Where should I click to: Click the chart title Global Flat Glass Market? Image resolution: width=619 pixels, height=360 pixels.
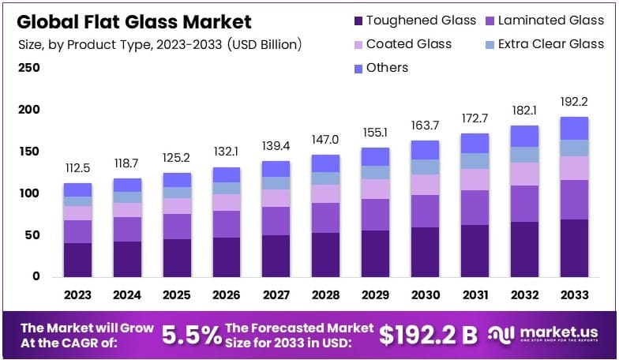click(x=134, y=21)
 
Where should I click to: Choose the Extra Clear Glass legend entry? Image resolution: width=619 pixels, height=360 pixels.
click(x=540, y=44)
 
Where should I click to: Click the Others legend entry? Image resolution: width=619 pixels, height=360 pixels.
click(x=378, y=68)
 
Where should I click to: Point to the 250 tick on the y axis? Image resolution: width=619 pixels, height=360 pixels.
click(x=28, y=68)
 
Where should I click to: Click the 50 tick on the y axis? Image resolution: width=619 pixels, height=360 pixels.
click(x=32, y=235)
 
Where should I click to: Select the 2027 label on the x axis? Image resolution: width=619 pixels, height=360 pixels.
click(x=276, y=294)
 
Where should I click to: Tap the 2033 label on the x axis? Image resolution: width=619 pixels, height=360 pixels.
click(x=574, y=294)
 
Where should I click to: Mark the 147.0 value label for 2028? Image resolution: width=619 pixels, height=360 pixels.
click(x=325, y=138)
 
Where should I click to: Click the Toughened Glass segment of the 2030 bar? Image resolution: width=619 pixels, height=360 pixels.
click(x=425, y=252)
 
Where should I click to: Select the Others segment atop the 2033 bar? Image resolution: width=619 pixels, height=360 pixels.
click(x=574, y=128)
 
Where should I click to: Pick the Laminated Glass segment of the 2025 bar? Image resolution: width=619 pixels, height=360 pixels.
click(x=177, y=226)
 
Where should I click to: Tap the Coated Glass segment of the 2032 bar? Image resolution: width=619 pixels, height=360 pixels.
click(x=524, y=174)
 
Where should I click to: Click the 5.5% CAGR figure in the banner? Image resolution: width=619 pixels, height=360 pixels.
click(x=192, y=335)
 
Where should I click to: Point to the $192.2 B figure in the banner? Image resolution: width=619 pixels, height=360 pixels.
click(x=428, y=335)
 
